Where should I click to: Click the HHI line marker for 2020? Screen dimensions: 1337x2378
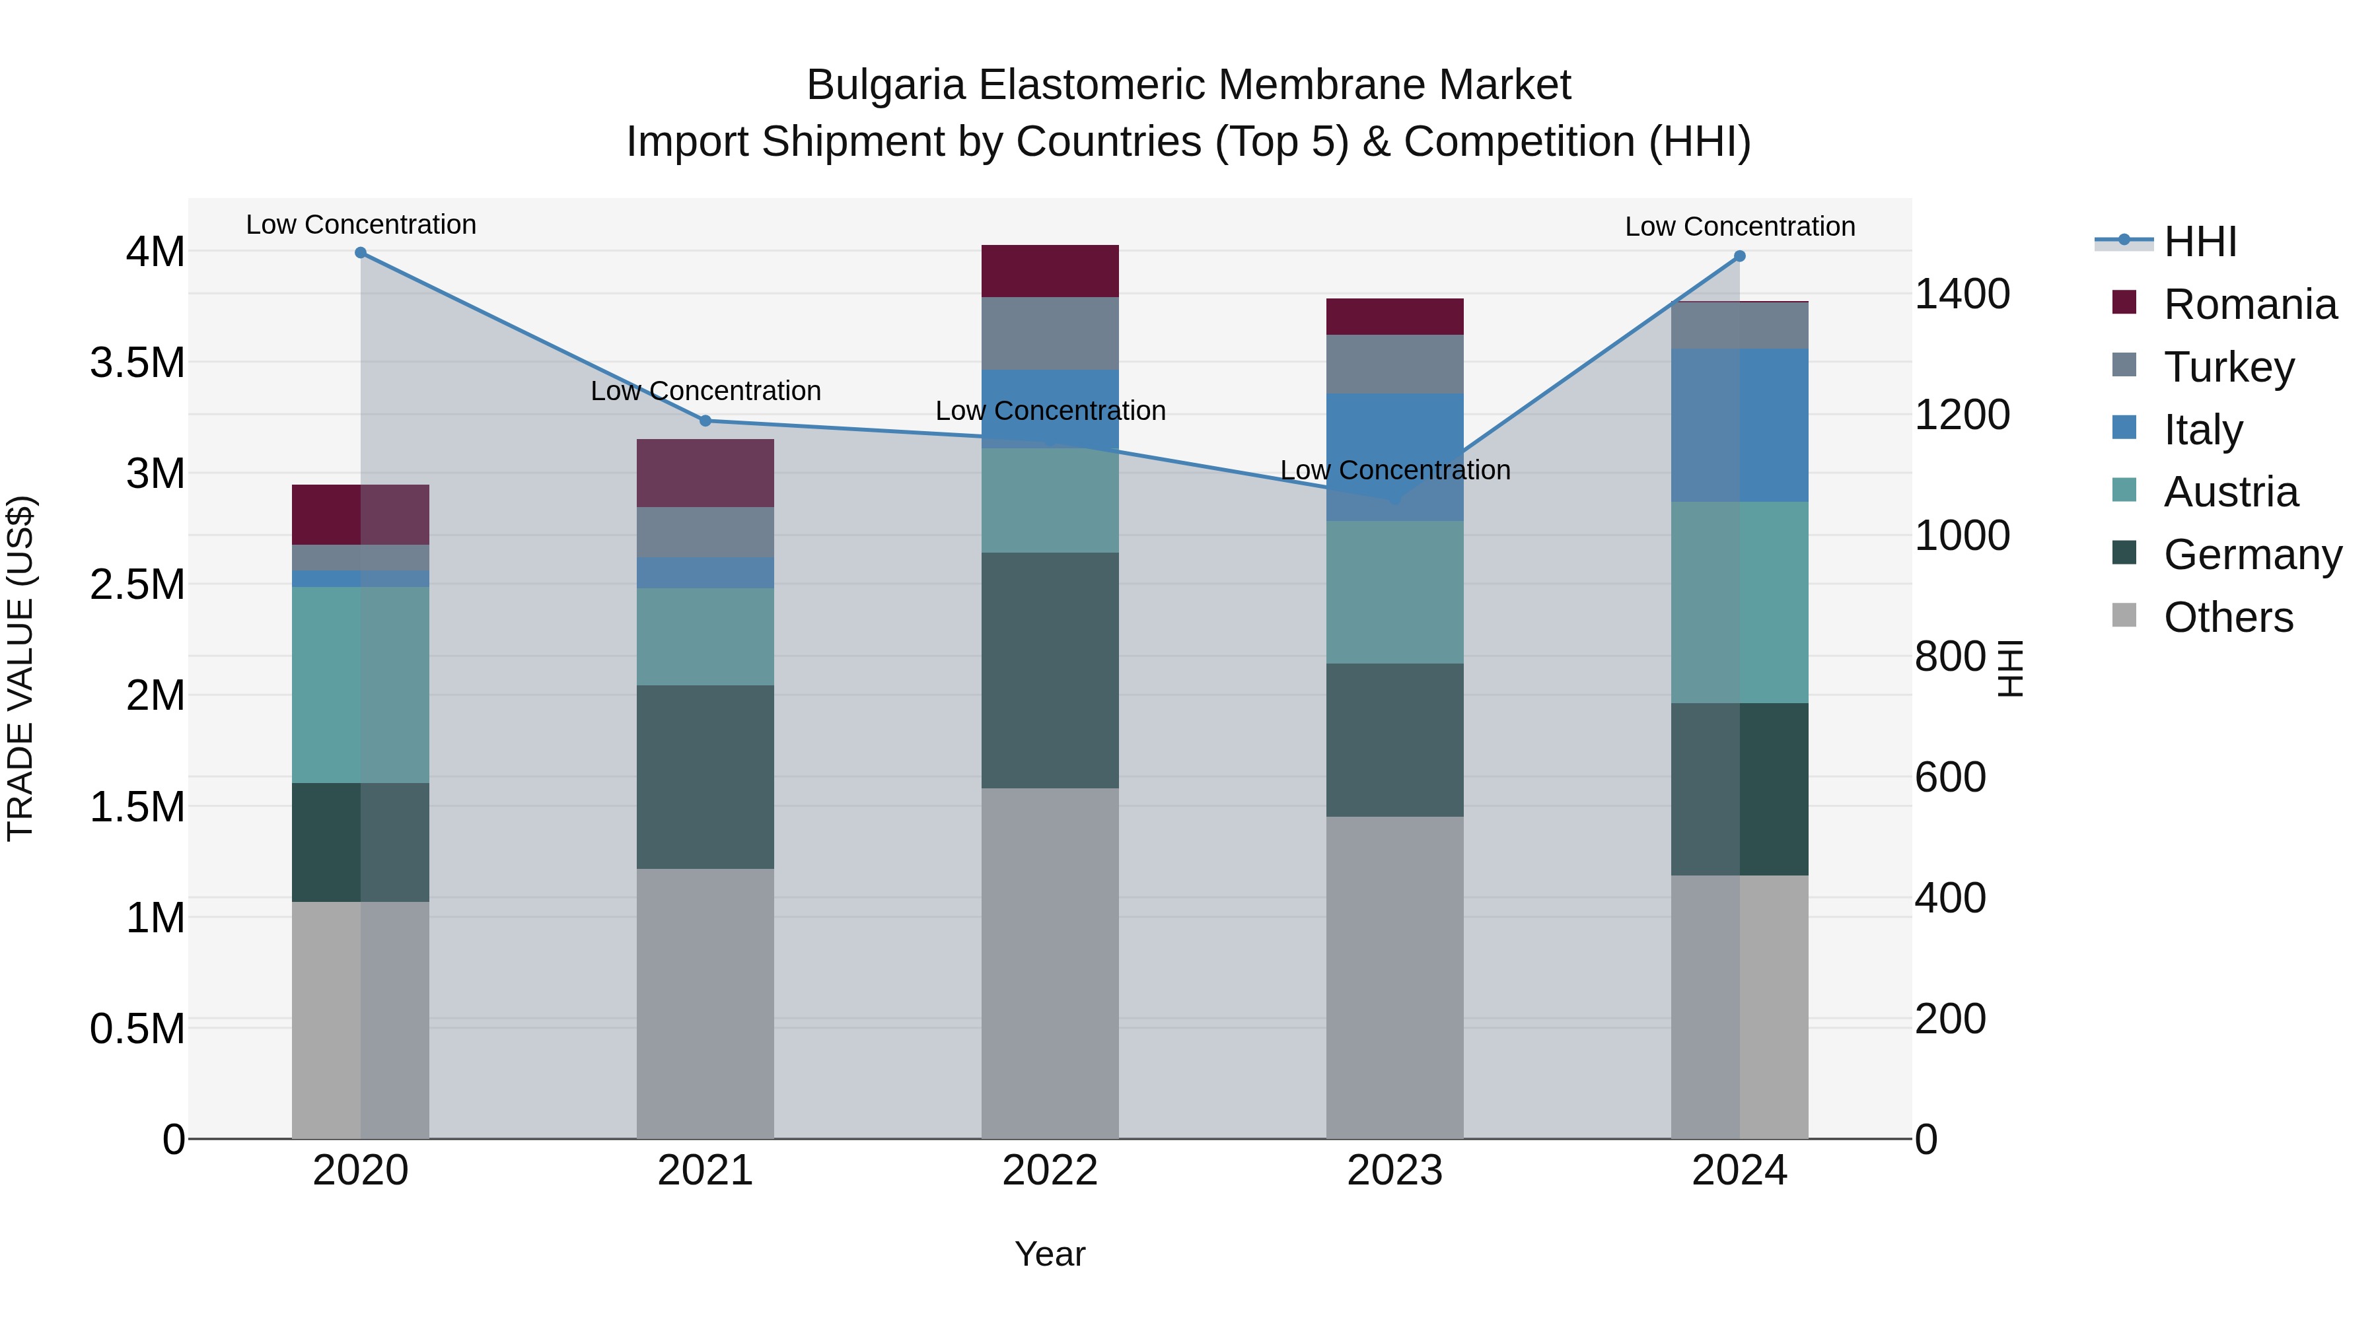[361, 253]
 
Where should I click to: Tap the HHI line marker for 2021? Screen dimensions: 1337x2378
[705, 421]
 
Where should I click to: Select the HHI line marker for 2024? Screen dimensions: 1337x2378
[1740, 257]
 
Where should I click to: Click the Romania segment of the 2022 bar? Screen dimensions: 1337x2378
[1050, 271]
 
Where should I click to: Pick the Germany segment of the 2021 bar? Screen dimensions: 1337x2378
[705, 777]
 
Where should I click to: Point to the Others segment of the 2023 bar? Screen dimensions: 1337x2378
[1395, 978]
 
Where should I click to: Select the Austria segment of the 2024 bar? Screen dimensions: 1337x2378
[1740, 603]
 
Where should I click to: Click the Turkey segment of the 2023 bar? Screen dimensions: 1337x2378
[1395, 364]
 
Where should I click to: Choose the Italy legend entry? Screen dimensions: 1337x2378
[2202, 430]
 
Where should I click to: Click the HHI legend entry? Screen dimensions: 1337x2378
[2200, 242]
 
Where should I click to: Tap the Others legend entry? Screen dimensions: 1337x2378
[2227, 617]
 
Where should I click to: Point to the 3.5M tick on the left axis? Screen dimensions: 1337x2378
[137, 362]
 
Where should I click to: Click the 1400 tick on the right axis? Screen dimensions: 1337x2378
[1962, 294]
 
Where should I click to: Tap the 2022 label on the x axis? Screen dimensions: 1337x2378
[1050, 1171]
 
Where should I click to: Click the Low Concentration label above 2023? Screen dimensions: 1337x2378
[1395, 471]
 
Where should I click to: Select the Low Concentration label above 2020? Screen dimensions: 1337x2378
[361, 225]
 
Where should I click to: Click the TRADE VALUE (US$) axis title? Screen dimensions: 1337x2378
[20, 668]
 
